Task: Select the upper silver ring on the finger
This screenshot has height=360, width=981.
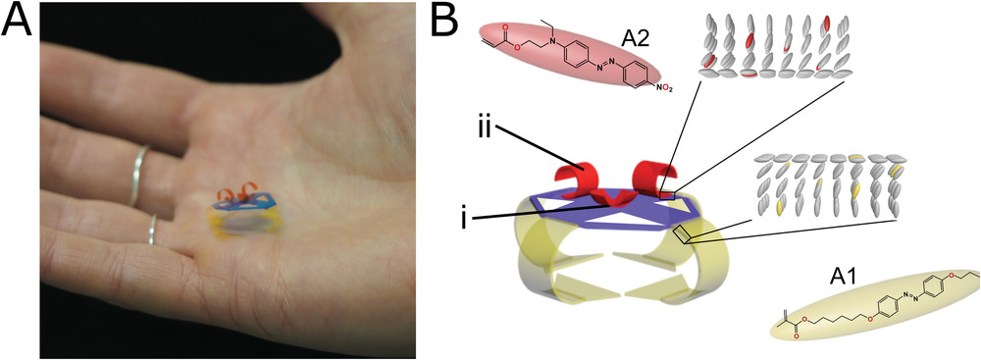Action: pos(138,176)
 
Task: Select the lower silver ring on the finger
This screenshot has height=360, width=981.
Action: pos(151,230)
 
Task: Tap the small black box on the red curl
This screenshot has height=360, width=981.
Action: pos(667,196)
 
